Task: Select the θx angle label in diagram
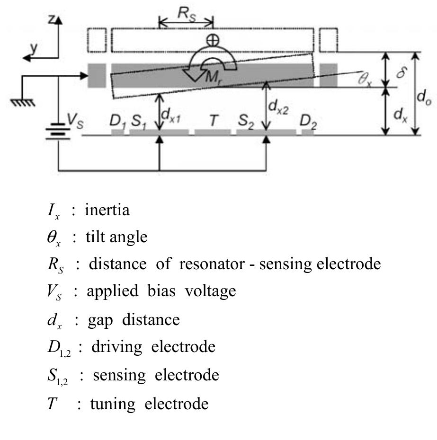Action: click(x=365, y=80)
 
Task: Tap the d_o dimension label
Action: click(x=424, y=98)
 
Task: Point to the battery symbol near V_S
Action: click(x=58, y=130)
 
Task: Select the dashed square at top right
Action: click(x=328, y=40)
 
